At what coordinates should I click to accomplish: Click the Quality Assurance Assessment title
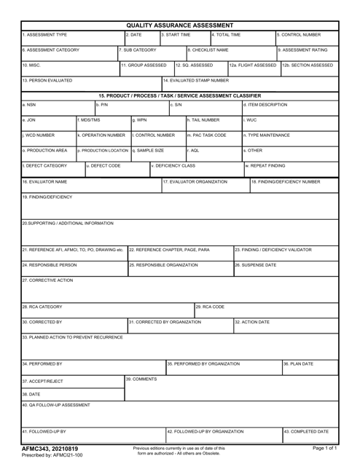coord(180,25)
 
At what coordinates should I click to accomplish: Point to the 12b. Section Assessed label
coord(308,65)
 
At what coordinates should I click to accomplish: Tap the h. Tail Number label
coord(203,119)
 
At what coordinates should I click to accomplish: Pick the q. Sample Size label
coord(148,150)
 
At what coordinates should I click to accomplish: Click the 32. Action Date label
coord(253,321)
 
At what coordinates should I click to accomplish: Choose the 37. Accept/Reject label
coord(44,381)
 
